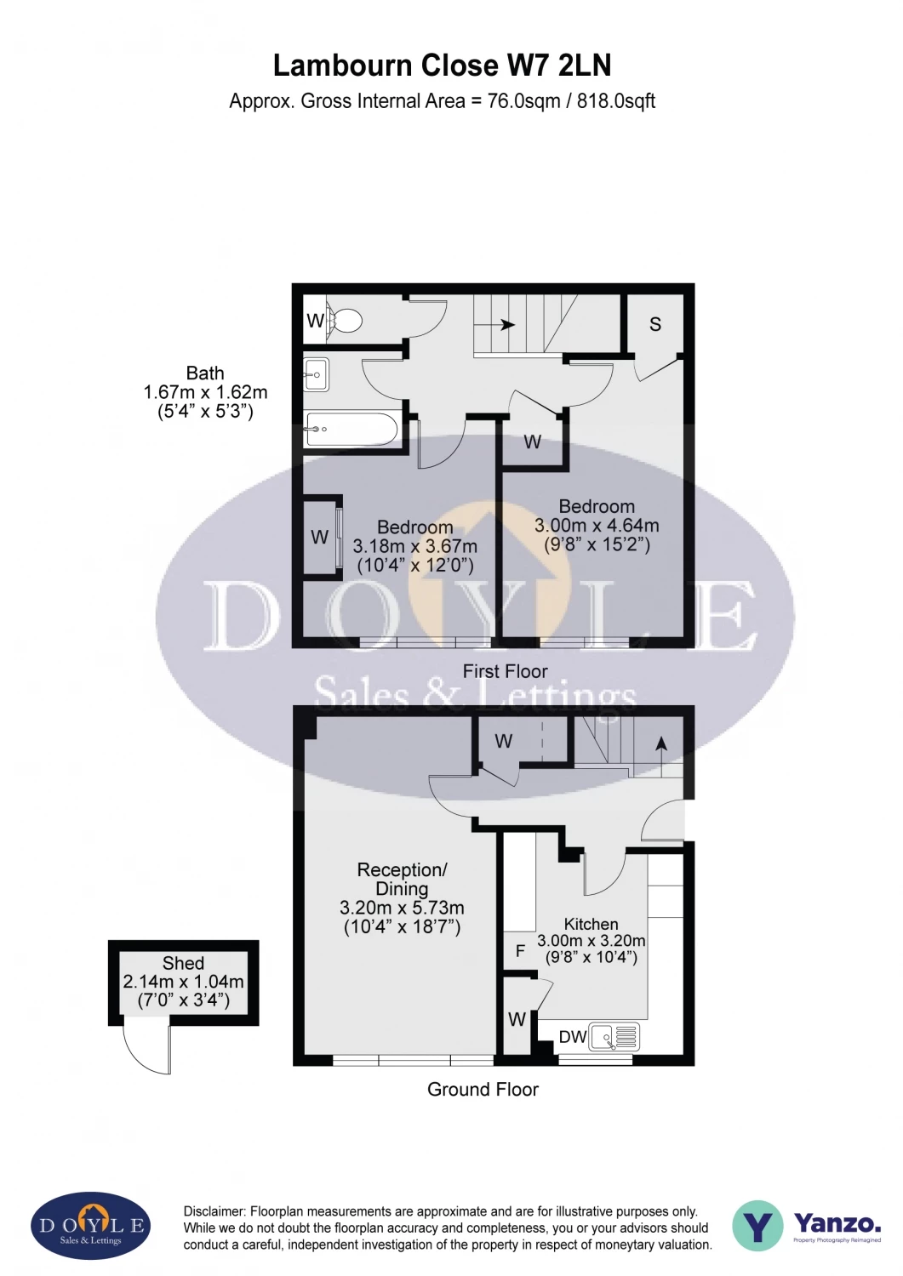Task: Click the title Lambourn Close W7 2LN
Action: [442, 66]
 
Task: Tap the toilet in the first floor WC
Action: [345, 322]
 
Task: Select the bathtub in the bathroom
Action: [351, 430]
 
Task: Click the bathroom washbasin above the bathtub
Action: [316, 374]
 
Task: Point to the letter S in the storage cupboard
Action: [654, 324]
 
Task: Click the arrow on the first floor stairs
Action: [507, 325]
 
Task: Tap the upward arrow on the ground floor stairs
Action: [661, 743]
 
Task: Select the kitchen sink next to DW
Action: [614, 1037]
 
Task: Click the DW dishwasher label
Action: [573, 1037]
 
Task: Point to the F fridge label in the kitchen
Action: [520, 951]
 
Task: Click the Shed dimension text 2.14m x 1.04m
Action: [183, 982]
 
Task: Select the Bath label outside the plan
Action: [205, 373]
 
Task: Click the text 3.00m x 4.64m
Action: [596, 526]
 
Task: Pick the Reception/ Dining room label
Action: [402, 880]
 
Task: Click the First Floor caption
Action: [505, 671]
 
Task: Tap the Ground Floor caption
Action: [483, 1090]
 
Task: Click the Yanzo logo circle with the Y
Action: [757, 1226]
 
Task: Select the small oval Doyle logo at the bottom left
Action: [91, 1226]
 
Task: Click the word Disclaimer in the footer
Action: [214, 1211]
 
